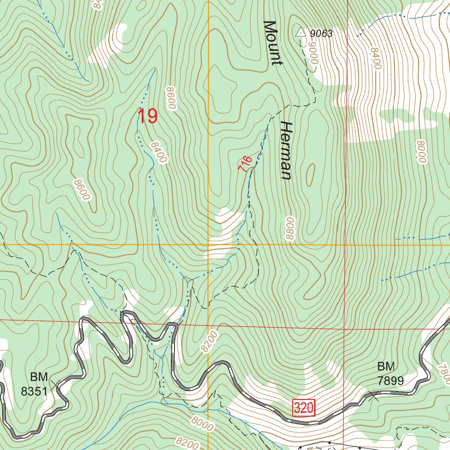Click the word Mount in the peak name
pos(272,43)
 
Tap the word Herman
pos(286,151)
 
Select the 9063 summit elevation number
pos(321,34)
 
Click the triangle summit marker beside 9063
pos(300,33)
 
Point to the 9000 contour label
pos(312,56)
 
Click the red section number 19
pos(147,116)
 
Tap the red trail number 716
pos(245,163)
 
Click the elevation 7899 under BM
pos(391,381)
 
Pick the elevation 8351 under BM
pos(34,391)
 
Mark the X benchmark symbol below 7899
pos(374,397)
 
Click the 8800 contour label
pos(289,228)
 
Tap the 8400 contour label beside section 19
pos(158,152)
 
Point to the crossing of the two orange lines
pos(208,244)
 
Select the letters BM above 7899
pos(386,367)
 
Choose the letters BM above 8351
pos(40,377)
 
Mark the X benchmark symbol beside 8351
pos(55,386)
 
